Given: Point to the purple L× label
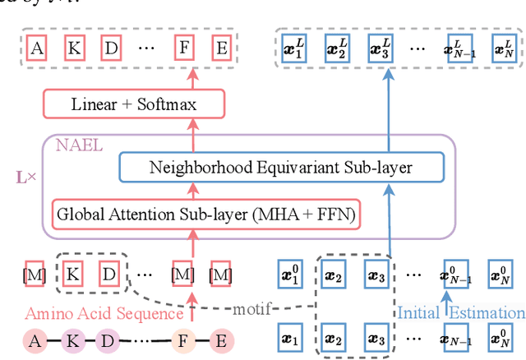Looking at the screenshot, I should pos(26,178).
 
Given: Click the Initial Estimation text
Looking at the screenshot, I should pos(460,313).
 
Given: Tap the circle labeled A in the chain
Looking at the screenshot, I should pos(35,339).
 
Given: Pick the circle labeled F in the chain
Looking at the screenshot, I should pos(183,339).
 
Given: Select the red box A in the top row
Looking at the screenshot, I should pos(37,47).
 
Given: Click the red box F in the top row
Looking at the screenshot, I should pos(187,47).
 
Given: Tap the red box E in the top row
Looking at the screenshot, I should pos(220,47).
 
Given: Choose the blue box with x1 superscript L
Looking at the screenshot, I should pos(292,47).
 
